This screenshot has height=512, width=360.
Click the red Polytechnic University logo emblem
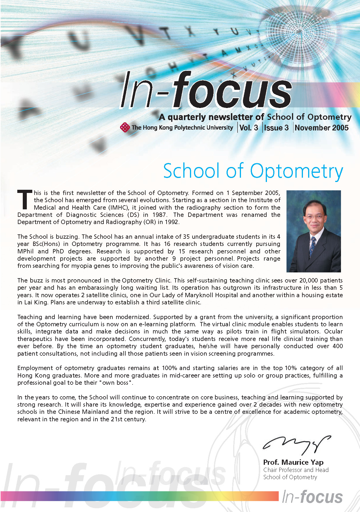click(x=125, y=127)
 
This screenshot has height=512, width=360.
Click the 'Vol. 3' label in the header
click(x=249, y=128)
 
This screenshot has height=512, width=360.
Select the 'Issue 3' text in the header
click(x=276, y=128)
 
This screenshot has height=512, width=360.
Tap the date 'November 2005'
click(x=322, y=128)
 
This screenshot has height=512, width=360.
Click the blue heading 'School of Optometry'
click(x=253, y=171)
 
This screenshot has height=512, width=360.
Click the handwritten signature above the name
click(x=297, y=444)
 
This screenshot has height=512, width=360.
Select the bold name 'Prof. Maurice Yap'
click(x=293, y=462)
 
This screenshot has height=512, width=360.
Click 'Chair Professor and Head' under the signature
click(x=296, y=470)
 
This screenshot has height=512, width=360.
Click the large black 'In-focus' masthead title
click(x=206, y=91)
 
